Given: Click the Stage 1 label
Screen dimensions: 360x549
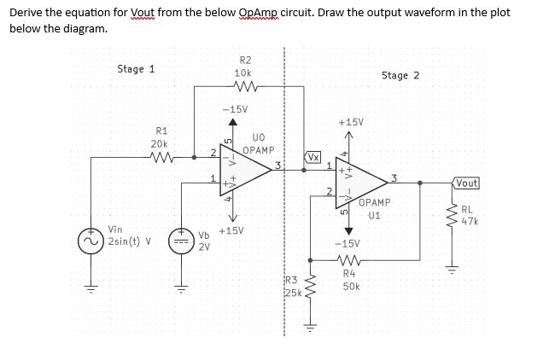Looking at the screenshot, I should [136, 69].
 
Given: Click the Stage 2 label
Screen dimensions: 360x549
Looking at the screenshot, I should [400, 76].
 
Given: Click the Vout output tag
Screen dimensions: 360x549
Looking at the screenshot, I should [466, 183].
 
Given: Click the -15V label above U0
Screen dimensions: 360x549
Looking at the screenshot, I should [234, 110].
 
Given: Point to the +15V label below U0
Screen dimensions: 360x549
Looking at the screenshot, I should [231, 231].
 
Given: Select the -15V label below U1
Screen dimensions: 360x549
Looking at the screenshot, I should [346, 242].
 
